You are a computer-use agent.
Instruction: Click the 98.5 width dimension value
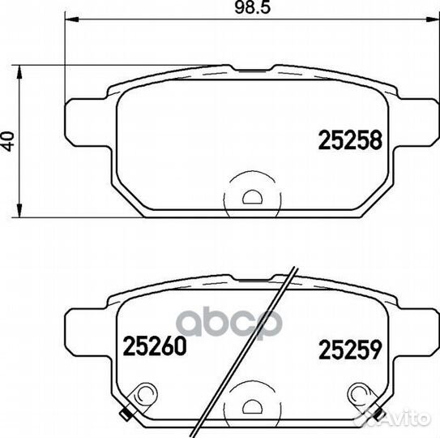252,7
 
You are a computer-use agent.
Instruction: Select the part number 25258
350,140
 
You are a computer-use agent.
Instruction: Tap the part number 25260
155,346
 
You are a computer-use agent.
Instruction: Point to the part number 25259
350,350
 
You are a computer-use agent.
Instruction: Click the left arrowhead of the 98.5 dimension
71,19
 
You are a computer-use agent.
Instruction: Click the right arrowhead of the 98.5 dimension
432,19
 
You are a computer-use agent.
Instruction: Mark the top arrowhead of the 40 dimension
19,72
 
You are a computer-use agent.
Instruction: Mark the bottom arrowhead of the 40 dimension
19,210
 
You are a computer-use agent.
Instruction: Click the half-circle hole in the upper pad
252,197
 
